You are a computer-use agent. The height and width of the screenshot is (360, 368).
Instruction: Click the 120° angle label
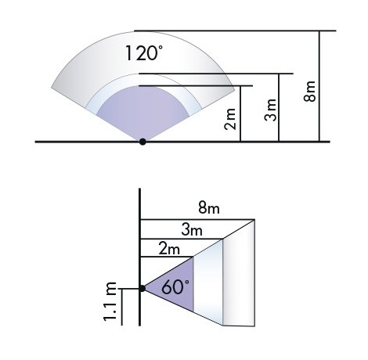(x=143, y=54)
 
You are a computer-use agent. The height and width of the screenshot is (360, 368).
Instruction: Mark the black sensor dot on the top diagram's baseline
(x=142, y=142)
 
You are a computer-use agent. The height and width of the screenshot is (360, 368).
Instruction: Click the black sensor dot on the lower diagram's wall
(x=142, y=288)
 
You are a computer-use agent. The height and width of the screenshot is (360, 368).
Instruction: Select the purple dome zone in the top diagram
(x=141, y=113)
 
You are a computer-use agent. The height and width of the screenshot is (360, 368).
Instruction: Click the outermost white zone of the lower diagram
(x=239, y=274)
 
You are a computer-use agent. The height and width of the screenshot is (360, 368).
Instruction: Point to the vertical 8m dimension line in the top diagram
(x=320, y=86)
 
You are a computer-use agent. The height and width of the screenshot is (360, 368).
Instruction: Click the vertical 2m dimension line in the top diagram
(x=241, y=113)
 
